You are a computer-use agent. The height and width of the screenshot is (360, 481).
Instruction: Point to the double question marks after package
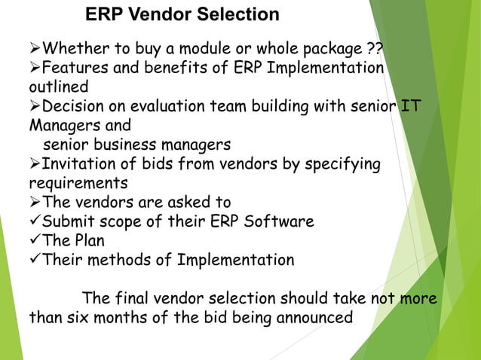pyautogui.click(x=374, y=50)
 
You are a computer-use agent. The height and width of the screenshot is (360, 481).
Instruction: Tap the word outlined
pyautogui.click(x=59, y=87)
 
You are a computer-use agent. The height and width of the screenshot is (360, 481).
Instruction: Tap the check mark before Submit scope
pyautogui.click(x=35, y=221)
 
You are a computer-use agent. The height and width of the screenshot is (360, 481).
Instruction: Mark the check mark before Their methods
pyautogui.click(x=35, y=261)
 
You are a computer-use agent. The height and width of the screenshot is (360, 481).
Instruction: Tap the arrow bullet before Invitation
pyautogui.click(x=35, y=164)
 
